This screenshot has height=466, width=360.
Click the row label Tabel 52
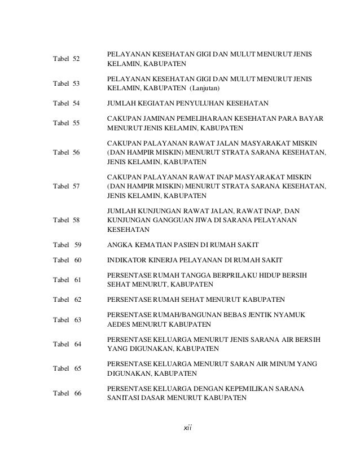point(66,59)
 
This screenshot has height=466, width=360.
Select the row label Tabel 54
point(66,103)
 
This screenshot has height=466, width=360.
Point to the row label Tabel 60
point(67,260)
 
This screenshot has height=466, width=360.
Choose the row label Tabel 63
point(67,320)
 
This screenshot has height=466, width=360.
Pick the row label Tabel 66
point(67,393)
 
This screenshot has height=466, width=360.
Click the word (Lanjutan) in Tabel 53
point(205,89)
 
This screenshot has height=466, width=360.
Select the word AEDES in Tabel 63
point(118,325)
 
